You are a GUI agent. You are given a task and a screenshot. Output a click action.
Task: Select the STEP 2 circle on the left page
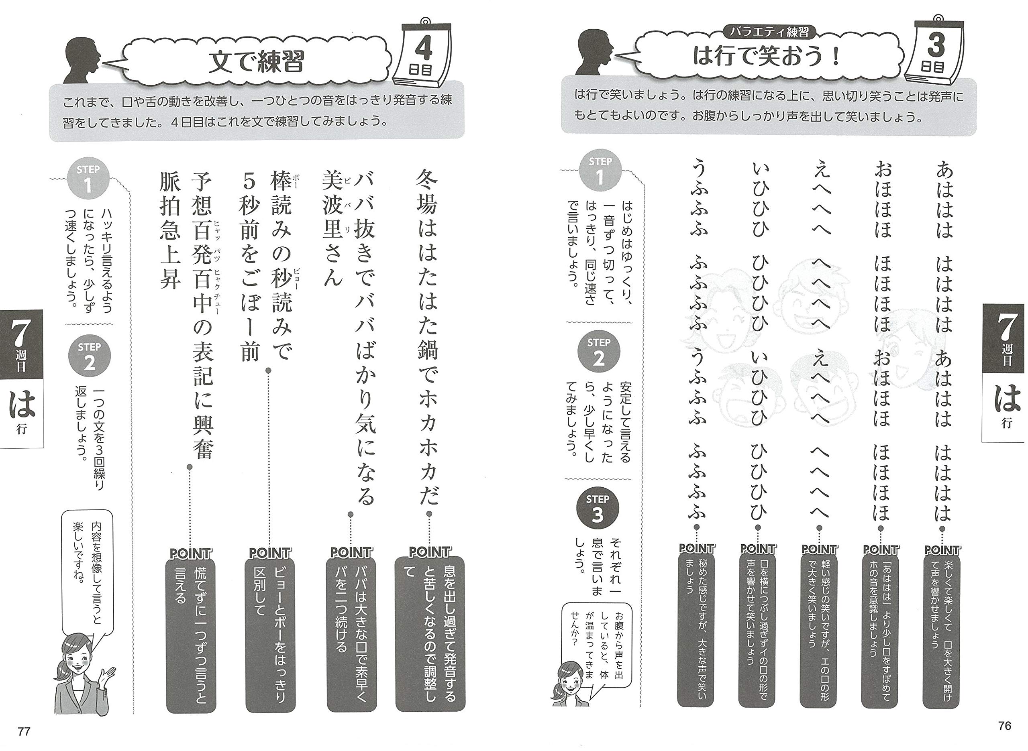(89, 358)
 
